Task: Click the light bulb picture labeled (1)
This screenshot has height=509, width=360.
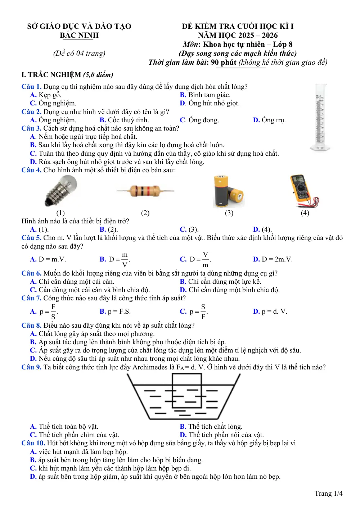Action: click(61, 191)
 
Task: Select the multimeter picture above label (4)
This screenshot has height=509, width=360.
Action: click(304, 191)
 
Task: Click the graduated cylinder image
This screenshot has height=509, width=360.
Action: click(320, 117)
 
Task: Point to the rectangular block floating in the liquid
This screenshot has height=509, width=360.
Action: click(187, 391)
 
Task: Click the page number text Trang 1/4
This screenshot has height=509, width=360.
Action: click(328, 493)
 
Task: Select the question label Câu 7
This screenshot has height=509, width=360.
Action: click(31, 298)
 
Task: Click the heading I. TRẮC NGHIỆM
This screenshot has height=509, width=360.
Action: click(51, 74)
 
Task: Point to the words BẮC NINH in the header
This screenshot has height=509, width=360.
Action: click(79, 35)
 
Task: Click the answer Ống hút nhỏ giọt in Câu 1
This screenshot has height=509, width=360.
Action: click(214, 103)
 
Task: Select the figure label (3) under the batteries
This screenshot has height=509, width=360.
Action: click(229, 213)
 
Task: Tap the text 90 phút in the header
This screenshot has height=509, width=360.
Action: click(224, 62)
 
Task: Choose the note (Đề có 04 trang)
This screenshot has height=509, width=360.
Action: click(79, 53)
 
